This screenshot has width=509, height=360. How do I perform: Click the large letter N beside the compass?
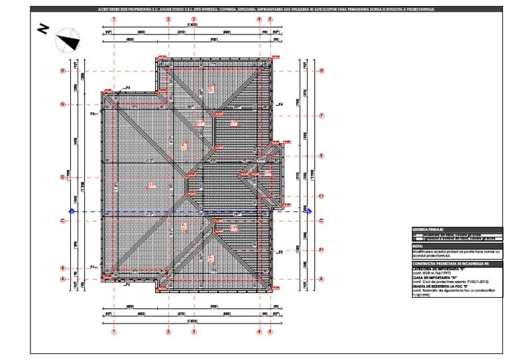click(x=43, y=29)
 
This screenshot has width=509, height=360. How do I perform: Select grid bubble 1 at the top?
click(x=114, y=20)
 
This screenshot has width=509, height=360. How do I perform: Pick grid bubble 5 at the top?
click(x=270, y=20)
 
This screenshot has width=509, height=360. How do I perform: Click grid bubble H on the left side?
click(x=62, y=71)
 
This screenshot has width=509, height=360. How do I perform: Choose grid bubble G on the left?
click(x=62, y=104)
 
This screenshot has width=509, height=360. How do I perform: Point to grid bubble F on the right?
click(x=321, y=115)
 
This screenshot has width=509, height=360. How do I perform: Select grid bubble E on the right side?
click(x=321, y=156)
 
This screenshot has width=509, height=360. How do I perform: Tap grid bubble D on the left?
click(x=62, y=177)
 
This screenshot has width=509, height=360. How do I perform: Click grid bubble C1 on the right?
click(x=321, y=196)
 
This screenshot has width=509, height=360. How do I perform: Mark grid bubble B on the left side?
click(x=62, y=269)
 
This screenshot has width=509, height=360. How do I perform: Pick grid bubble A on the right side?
click(x=321, y=279)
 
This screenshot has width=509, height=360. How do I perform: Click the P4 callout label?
click(x=280, y=105)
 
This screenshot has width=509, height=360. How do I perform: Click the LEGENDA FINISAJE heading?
click(x=431, y=229)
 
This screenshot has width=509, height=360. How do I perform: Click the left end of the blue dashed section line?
click(x=72, y=211)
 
